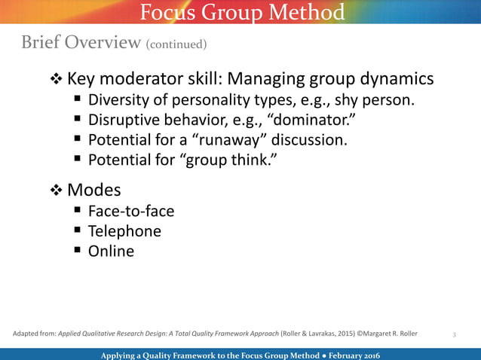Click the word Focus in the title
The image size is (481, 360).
click(166, 13)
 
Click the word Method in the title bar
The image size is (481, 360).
click(307, 13)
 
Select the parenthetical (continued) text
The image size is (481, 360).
click(176, 44)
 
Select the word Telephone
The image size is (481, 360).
click(124, 231)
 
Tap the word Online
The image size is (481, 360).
click(111, 252)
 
